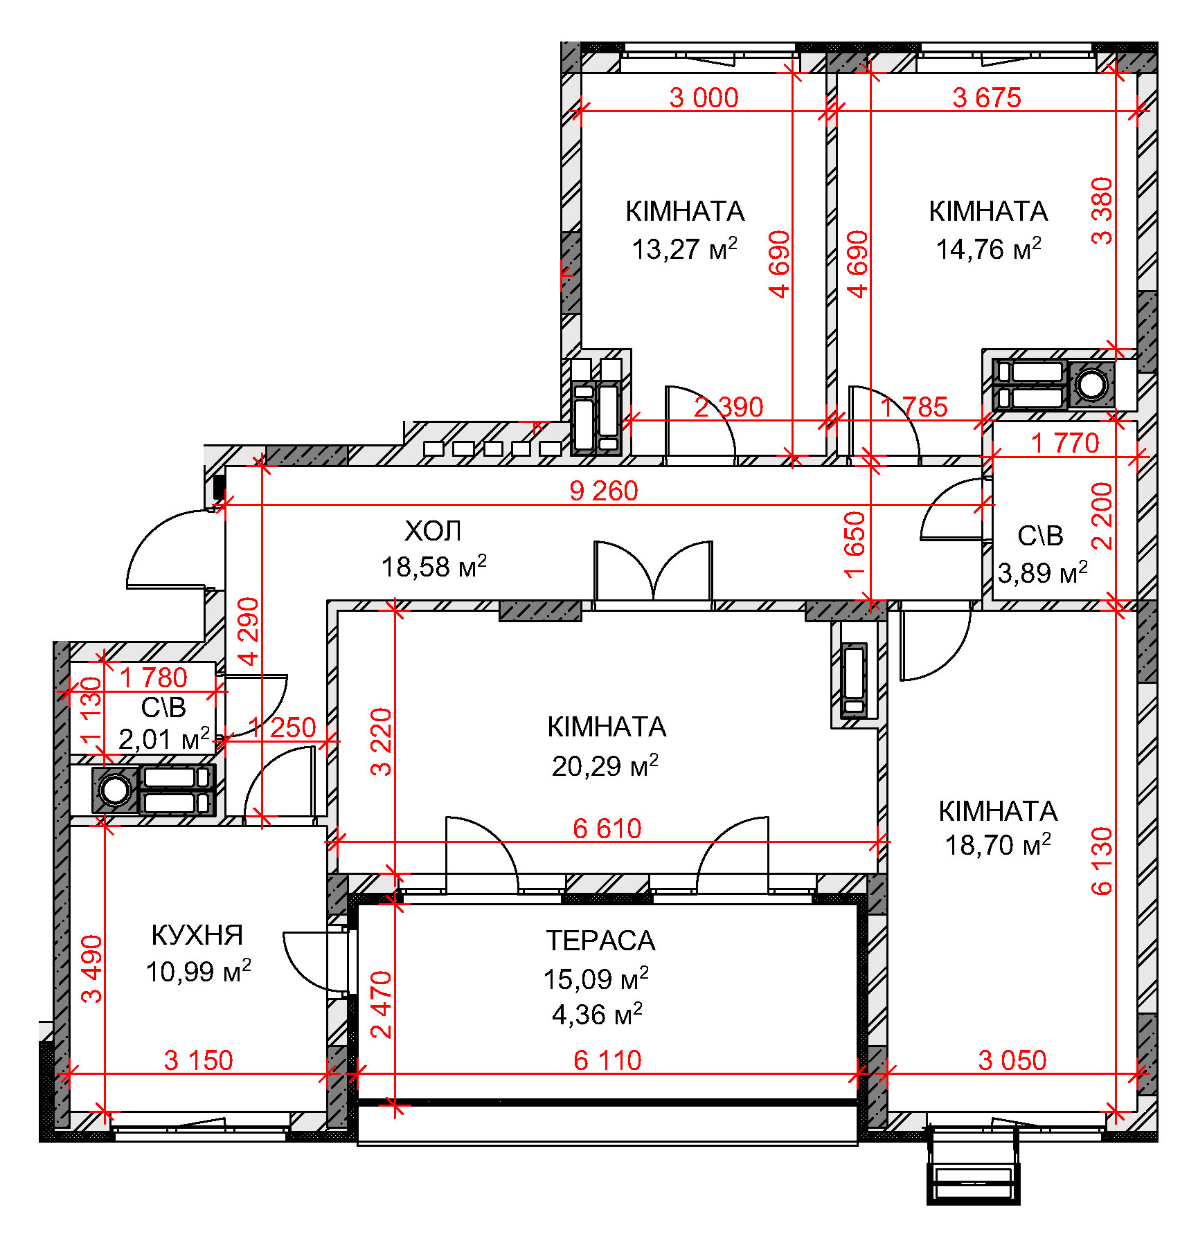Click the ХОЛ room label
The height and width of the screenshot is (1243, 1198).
click(433, 532)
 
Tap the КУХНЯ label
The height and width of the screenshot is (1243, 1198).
click(197, 936)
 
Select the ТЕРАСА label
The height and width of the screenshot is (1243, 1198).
click(600, 941)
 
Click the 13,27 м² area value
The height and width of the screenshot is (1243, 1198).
click(684, 248)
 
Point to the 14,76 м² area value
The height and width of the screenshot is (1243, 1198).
click(988, 248)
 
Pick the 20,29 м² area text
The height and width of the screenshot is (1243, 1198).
click(605, 766)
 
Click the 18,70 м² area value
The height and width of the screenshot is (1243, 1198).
click(998, 845)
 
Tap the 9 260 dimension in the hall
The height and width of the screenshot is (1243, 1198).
click(603, 491)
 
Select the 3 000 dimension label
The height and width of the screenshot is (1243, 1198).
click(704, 98)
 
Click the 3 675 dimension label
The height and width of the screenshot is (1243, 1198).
click(987, 98)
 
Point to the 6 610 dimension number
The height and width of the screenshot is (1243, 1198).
click(607, 828)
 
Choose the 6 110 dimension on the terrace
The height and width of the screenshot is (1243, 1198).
click(607, 1060)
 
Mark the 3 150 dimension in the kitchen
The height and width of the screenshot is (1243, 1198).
click(198, 1060)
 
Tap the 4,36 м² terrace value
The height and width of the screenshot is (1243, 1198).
click(597, 1015)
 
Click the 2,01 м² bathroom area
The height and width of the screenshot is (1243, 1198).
click(164, 739)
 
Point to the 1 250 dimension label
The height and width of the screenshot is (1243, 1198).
click(282, 727)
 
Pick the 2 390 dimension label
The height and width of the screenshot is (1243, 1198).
click(728, 407)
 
